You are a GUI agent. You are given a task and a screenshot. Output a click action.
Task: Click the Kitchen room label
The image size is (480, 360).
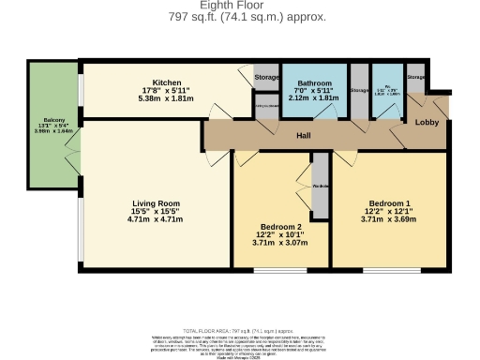[x=166, y=82]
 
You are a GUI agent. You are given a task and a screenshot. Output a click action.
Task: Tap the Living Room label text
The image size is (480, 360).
[x=156, y=202]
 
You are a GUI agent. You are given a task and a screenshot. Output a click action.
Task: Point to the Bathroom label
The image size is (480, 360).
[x=314, y=82]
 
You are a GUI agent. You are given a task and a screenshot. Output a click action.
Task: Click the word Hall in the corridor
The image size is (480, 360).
[x=304, y=136]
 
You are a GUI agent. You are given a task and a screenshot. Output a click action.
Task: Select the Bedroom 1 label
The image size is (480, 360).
[x=389, y=202]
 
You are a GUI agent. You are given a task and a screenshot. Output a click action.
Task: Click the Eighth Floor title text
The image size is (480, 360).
[x=239, y=6]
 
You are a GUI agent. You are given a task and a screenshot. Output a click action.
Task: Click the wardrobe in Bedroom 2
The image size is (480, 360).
[x=320, y=198]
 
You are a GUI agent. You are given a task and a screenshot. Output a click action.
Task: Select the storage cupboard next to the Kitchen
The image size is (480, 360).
[x=267, y=77]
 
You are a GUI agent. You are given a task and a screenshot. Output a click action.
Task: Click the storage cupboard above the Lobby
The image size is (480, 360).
[x=416, y=78]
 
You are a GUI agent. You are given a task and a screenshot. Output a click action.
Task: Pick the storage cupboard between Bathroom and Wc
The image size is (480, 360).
[x=359, y=91]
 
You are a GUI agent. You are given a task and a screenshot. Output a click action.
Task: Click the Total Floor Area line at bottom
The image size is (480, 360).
[x=239, y=332]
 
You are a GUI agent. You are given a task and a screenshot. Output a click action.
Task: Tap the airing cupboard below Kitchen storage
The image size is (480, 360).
[x=267, y=106]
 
